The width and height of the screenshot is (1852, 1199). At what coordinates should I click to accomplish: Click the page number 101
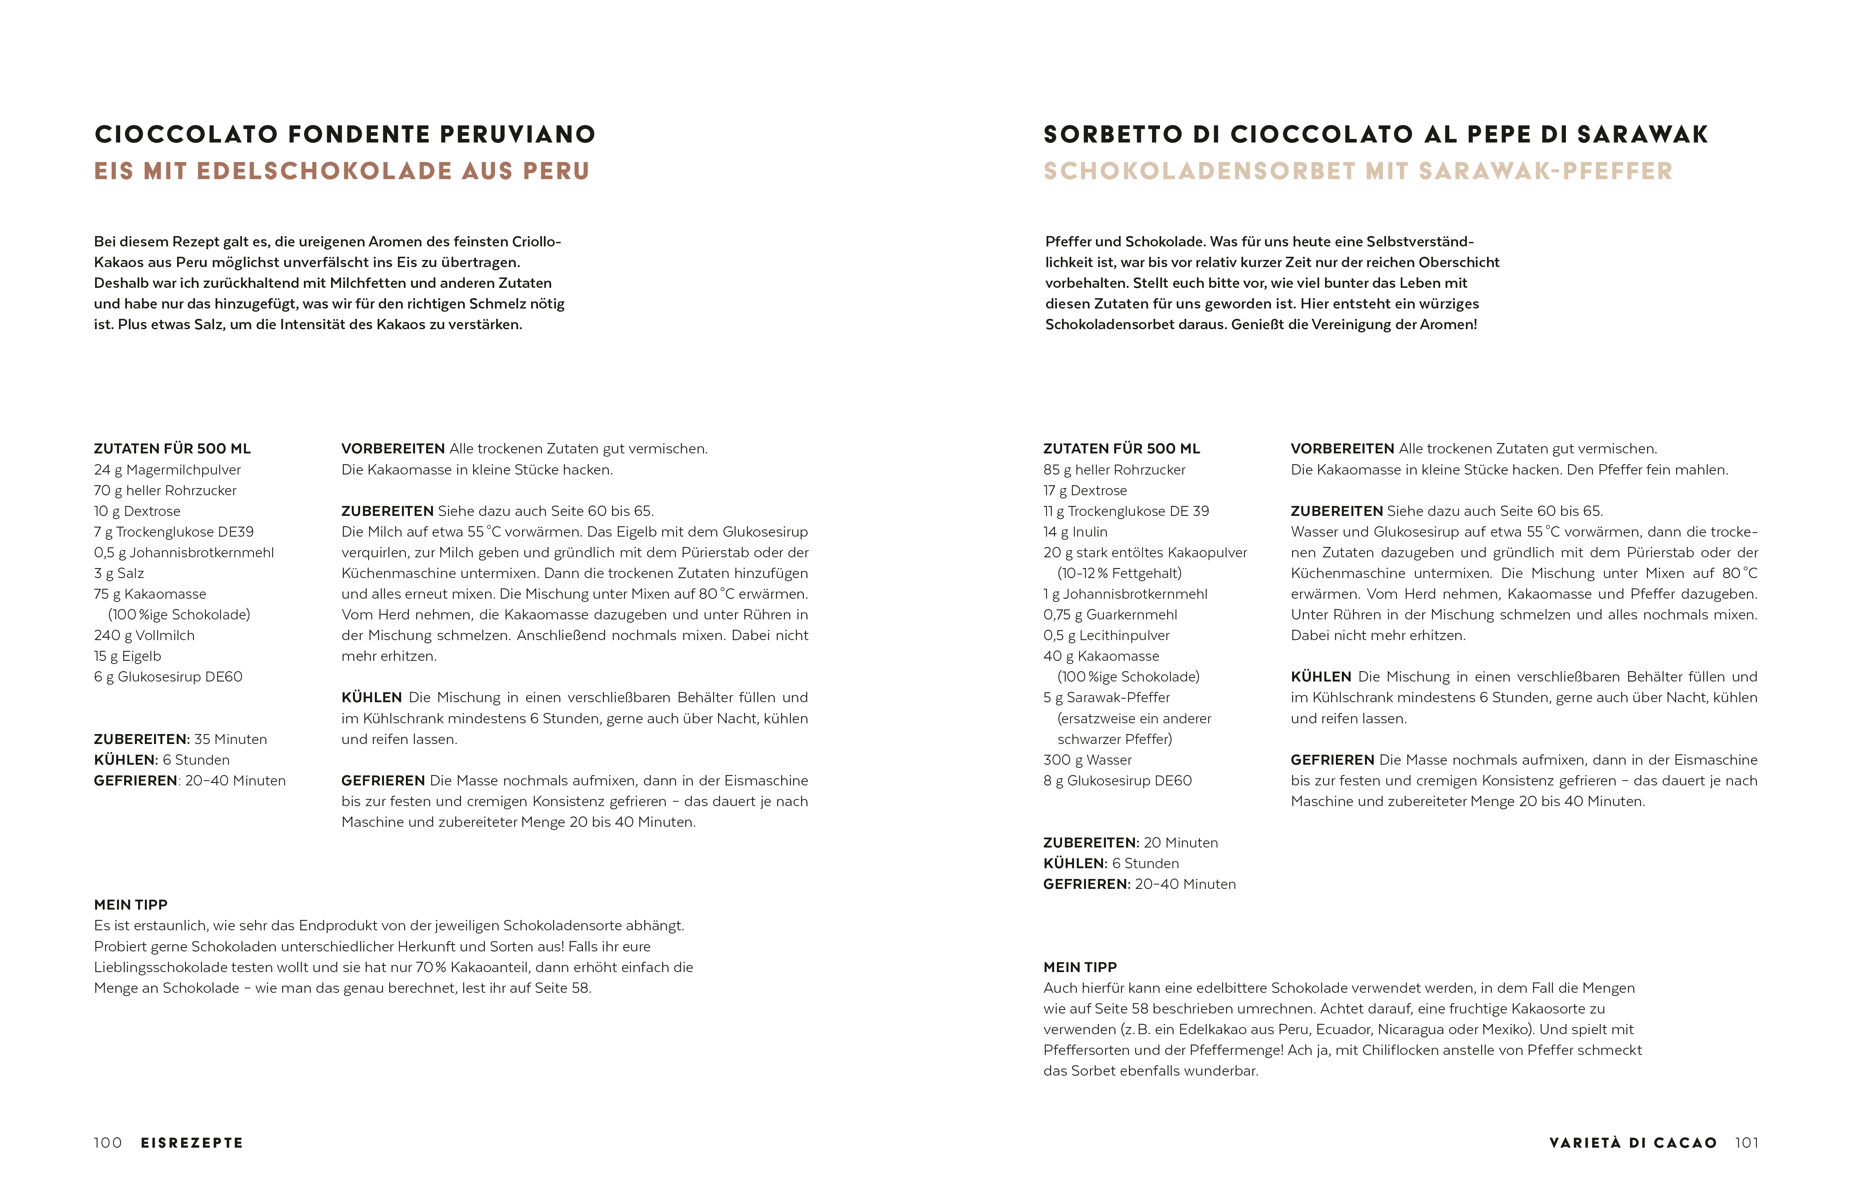click(x=1746, y=1143)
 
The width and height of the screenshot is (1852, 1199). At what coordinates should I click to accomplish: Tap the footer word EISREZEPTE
click(x=191, y=1143)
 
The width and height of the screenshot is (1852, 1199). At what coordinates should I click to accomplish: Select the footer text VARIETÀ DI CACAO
click(x=1633, y=1143)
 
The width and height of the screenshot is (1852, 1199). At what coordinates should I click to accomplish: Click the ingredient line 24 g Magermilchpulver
click(x=167, y=469)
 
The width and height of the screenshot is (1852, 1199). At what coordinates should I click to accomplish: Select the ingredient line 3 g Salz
click(x=119, y=573)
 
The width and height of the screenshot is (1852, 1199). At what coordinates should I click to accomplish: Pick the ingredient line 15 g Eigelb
click(x=128, y=656)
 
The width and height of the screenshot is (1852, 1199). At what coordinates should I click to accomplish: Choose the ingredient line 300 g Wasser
click(x=1087, y=760)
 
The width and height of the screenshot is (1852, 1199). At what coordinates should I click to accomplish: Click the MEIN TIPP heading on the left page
click(x=131, y=905)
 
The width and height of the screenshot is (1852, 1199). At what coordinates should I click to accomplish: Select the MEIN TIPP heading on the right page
click(x=1080, y=967)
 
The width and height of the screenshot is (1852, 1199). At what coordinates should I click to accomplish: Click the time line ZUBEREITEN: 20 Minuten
click(x=1130, y=842)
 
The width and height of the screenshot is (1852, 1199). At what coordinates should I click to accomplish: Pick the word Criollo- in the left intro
click(x=536, y=241)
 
